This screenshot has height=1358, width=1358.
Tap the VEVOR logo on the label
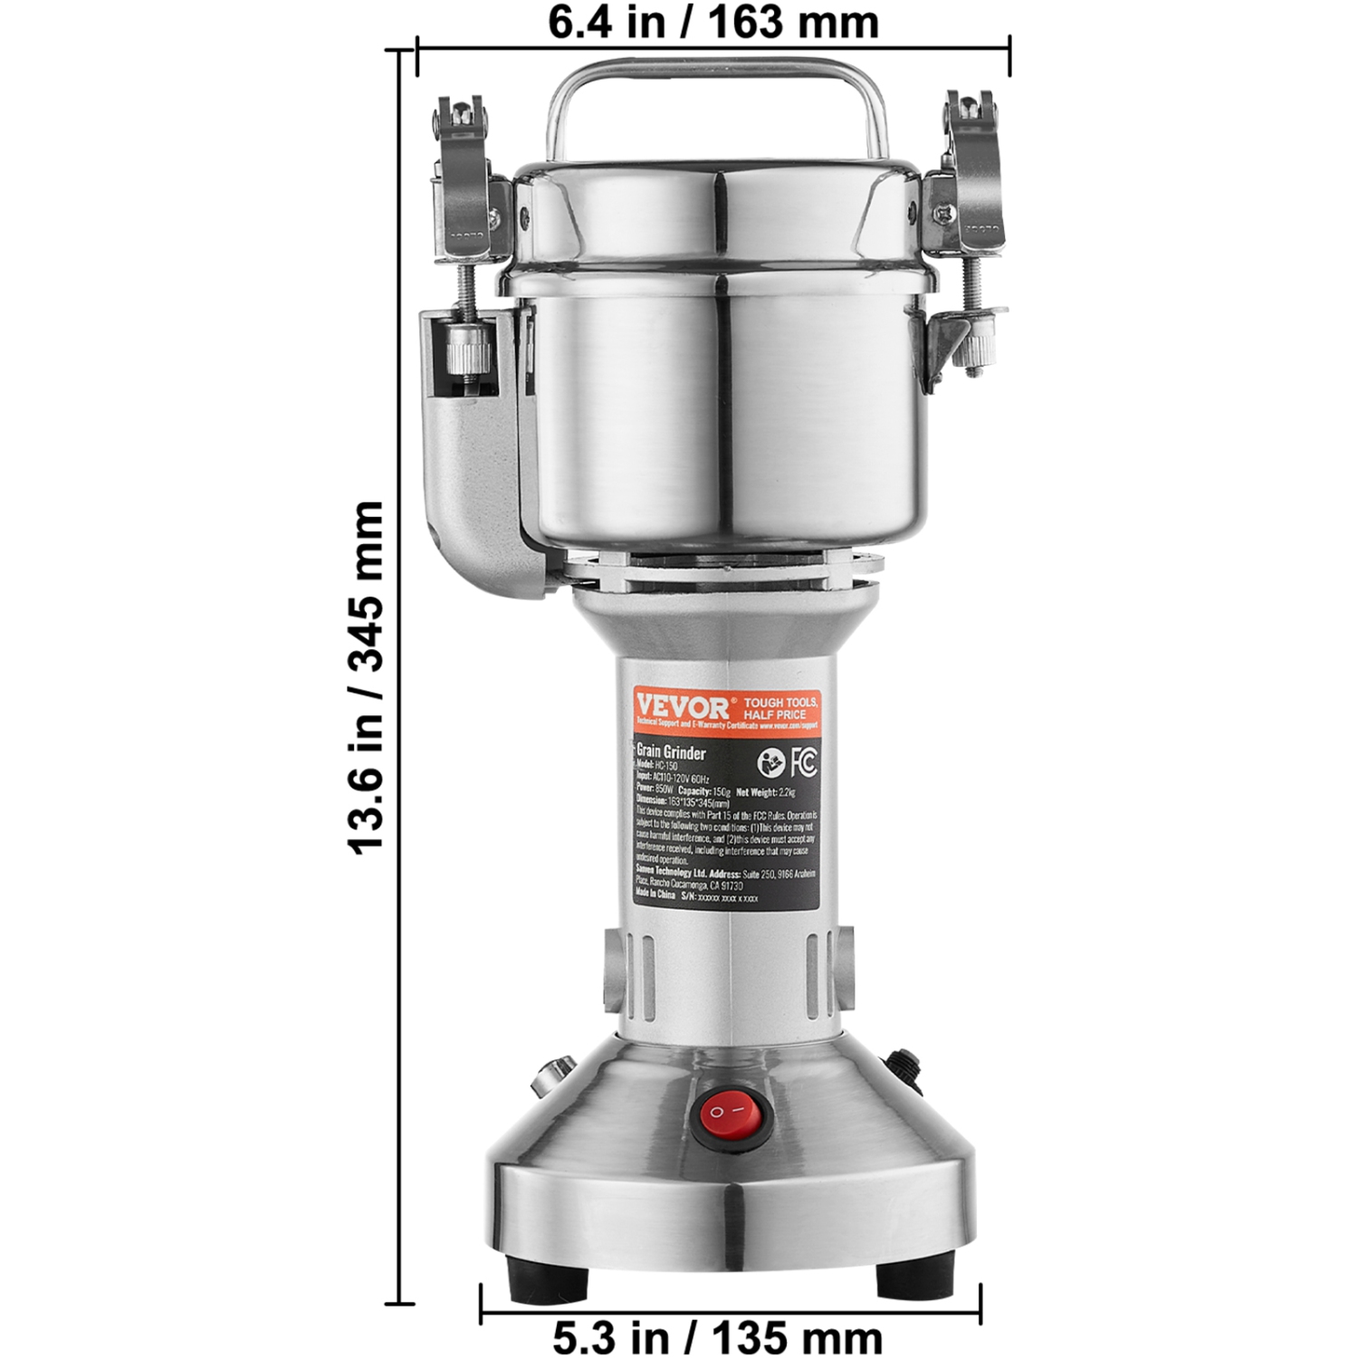[680, 705]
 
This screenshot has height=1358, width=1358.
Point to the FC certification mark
[803, 763]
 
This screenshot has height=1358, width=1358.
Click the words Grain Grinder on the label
[671, 751]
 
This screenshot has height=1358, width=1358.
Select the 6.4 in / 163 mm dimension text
[712, 22]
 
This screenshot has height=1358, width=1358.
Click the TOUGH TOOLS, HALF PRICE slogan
[781, 708]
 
